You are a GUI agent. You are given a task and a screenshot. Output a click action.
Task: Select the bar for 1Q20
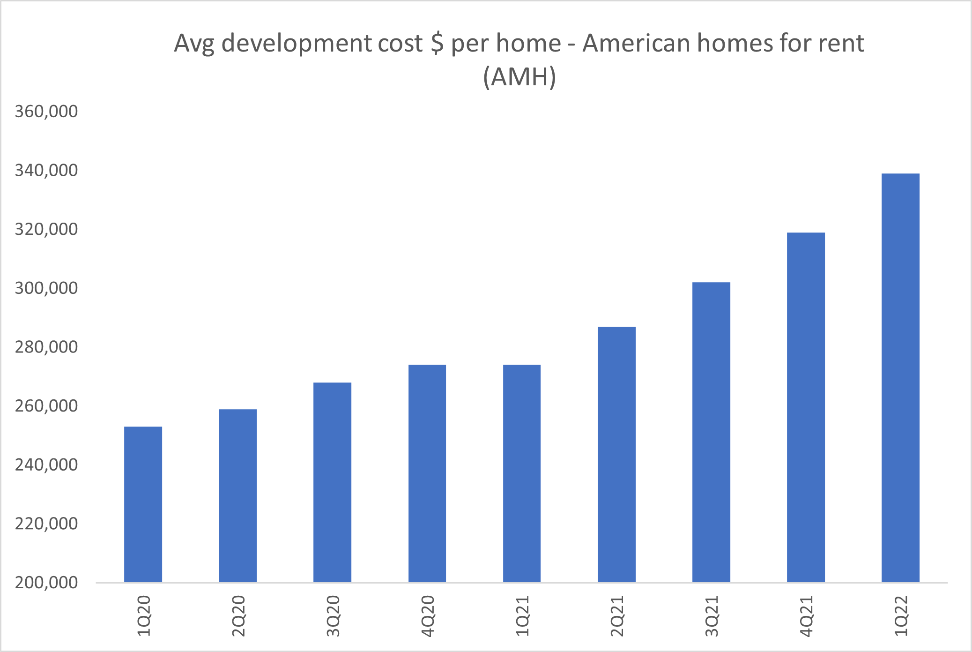click(x=143, y=504)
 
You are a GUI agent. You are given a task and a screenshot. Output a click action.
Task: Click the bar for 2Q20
click(x=237, y=496)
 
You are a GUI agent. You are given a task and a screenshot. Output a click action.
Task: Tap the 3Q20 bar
click(x=332, y=482)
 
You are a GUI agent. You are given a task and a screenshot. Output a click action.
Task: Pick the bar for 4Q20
click(x=427, y=473)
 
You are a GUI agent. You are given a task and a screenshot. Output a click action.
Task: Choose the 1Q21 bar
click(x=522, y=473)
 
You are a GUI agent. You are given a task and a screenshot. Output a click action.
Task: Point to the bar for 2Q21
click(x=616, y=455)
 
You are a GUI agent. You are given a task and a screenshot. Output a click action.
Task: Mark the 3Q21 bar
click(x=711, y=432)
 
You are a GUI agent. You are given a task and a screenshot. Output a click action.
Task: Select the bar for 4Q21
click(x=806, y=407)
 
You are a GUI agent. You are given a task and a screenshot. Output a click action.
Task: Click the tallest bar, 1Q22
click(x=900, y=378)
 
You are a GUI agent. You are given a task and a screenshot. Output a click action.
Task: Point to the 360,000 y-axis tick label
click(x=46, y=112)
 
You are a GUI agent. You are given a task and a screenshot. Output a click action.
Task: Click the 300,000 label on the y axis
click(x=46, y=288)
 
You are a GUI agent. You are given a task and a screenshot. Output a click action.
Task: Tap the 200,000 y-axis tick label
click(x=46, y=583)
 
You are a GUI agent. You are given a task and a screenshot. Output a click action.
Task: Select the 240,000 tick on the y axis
click(x=46, y=465)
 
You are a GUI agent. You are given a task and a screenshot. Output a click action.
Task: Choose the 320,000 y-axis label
click(x=46, y=229)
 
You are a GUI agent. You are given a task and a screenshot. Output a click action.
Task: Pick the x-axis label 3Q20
click(x=333, y=616)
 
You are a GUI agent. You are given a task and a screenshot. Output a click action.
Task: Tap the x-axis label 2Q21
click(x=617, y=616)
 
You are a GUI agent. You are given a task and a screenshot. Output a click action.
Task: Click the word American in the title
click(x=636, y=43)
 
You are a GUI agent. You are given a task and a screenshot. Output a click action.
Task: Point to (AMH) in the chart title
click(x=519, y=77)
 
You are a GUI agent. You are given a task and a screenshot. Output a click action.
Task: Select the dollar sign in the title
click(x=437, y=43)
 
